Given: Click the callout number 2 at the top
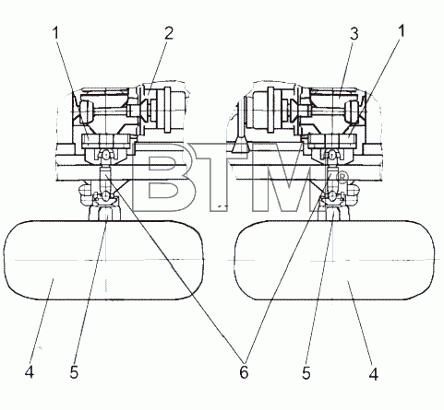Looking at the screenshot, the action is pyautogui.click(x=169, y=33).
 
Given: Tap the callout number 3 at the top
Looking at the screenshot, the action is pyautogui.click(x=354, y=34).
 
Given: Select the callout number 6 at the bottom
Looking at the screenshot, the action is pyautogui.click(x=244, y=372).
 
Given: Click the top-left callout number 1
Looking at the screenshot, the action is pyautogui.click(x=55, y=33).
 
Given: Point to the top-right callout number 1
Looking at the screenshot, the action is pyautogui.click(x=401, y=31).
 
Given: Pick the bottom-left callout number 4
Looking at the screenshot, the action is pyautogui.click(x=30, y=373).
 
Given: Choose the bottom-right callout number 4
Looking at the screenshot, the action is pyautogui.click(x=373, y=374).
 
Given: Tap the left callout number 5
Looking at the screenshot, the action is pyautogui.click(x=74, y=373).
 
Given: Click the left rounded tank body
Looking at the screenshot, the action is pyautogui.click(x=103, y=260).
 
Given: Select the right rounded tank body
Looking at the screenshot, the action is pyautogui.click(x=335, y=260).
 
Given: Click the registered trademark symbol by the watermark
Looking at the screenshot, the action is pyautogui.click(x=342, y=177).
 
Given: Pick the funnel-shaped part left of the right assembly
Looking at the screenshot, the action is pyautogui.click(x=241, y=145).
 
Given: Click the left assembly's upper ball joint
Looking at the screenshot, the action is pyautogui.click(x=105, y=155).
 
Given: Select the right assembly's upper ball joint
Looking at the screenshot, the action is pyautogui.click(x=332, y=155).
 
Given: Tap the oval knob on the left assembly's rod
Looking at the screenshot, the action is pyautogui.click(x=87, y=111).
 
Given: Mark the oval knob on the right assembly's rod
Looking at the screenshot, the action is pyautogui.click(x=352, y=111).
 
